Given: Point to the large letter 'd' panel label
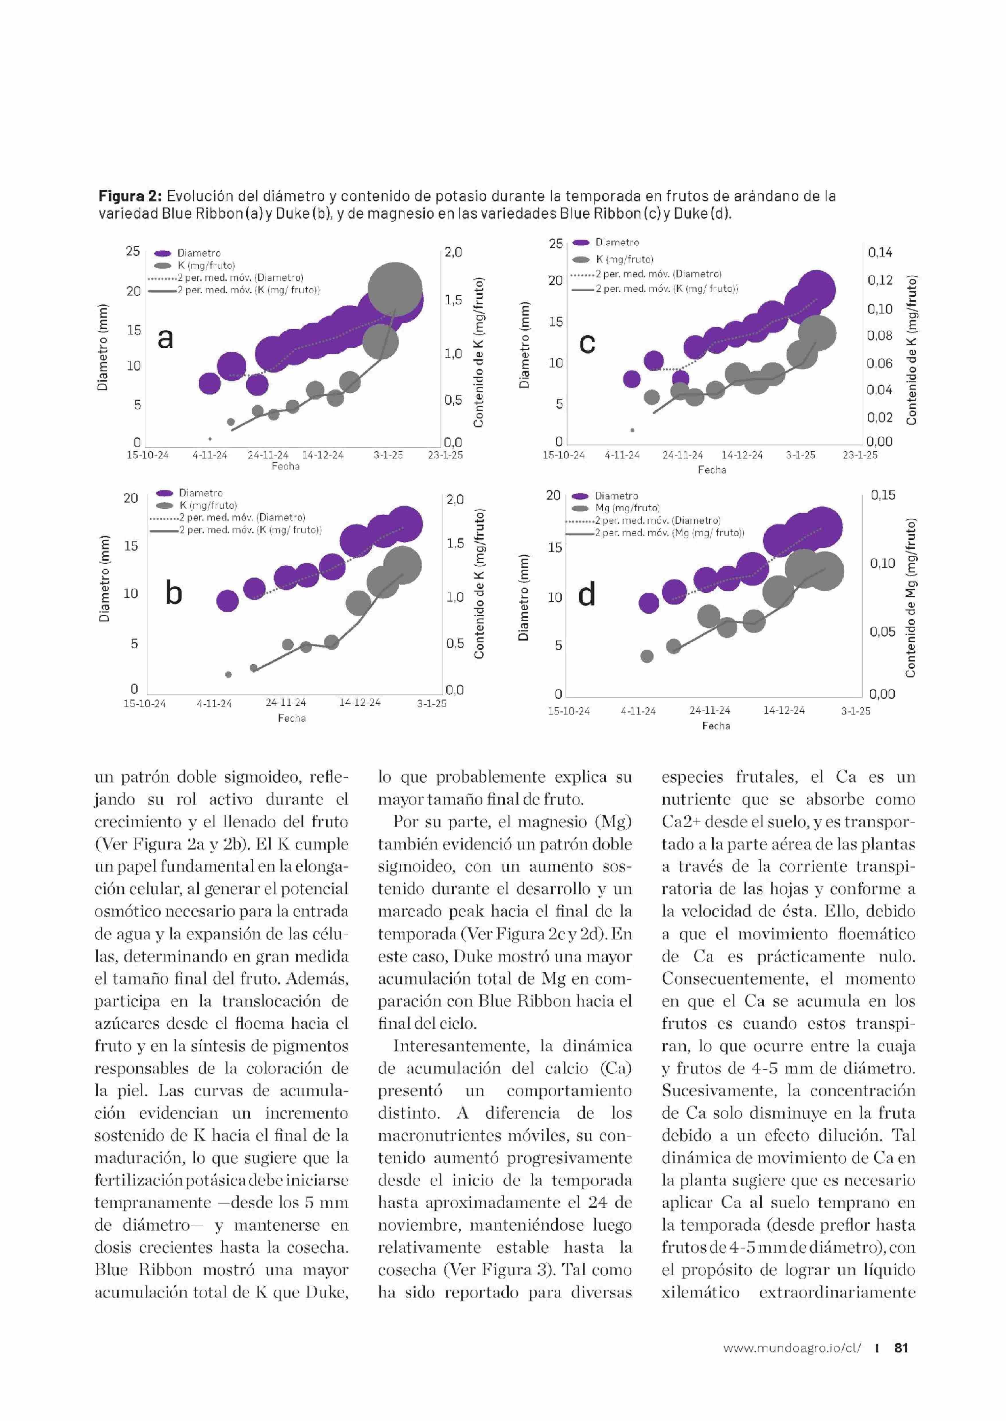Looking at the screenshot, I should [587, 594].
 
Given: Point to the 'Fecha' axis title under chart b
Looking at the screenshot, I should [292, 718].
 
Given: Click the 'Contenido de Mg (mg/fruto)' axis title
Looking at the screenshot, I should [910, 598].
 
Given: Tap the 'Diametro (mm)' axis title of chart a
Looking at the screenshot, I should [103, 347].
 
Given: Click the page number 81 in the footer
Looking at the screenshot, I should [901, 1365].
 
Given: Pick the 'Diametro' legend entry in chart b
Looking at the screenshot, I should [200, 493].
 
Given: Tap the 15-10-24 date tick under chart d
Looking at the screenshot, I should [569, 711].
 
